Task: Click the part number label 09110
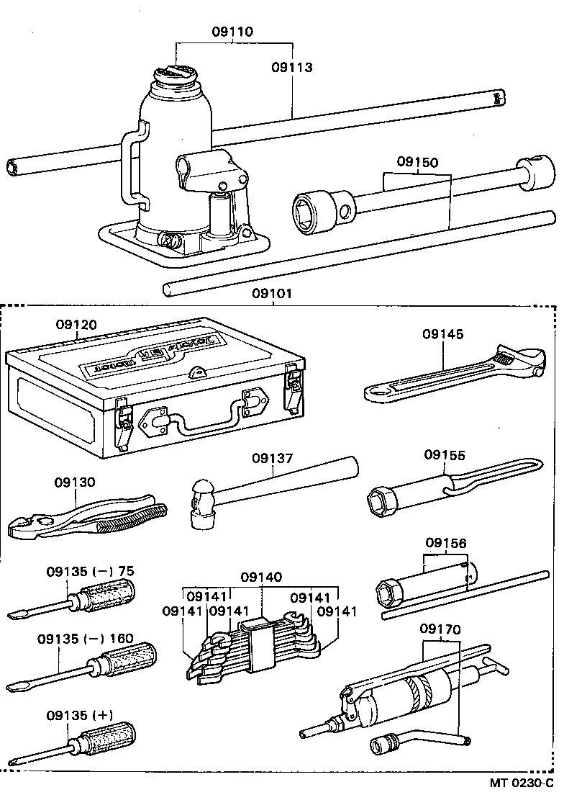(x=232, y=32)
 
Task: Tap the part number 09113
(x=292, y=68)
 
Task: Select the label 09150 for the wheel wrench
(x=417, y=163)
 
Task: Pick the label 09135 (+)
(x=80, y=715)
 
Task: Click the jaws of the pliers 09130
(x=29, y=528)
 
